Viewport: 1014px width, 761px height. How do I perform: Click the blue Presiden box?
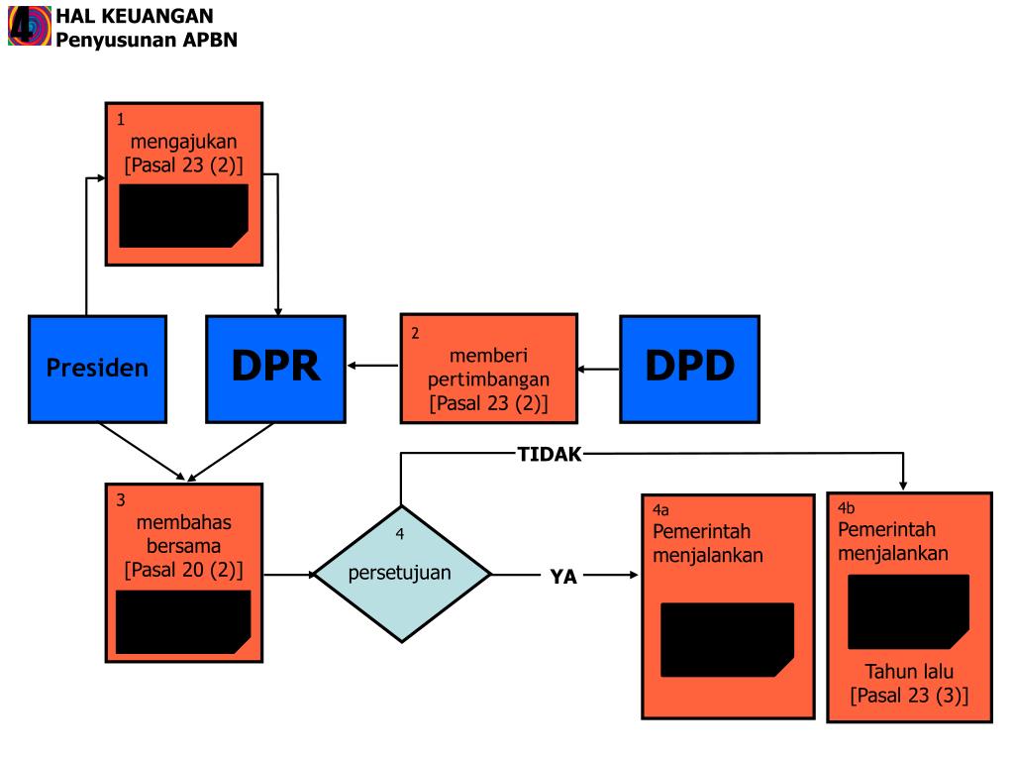[x=97, y=369]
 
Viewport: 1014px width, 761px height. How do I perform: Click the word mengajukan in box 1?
[x=184, y=141]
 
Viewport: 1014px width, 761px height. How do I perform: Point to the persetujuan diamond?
[x=401, y=574]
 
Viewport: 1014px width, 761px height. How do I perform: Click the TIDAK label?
[x=550, y=455]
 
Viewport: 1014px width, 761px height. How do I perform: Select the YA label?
[x=563, y=577]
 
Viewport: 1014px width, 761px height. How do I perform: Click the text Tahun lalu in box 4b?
[x=909, y=672]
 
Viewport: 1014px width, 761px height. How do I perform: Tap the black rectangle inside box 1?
[x=183, y=215]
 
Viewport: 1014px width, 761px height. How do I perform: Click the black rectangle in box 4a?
[x=727, y=639]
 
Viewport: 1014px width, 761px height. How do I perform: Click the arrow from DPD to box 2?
[x=599, y=370]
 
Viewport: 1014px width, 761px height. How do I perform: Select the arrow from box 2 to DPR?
[x=373, y=368]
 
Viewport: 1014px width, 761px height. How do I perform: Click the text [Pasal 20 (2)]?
[x=184, y=571]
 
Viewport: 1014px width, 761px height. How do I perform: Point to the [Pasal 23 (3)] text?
[x=909, y=696]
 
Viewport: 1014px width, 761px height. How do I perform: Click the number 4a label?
[x=660, y=510]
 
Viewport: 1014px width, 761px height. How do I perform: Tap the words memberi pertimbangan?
[x=489, y=367]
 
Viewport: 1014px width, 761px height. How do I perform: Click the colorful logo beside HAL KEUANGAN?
[x=27, y=25]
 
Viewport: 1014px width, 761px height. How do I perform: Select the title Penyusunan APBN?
[x=147, y=40]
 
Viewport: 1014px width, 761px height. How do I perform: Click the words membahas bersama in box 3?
[x=184, y=534]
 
